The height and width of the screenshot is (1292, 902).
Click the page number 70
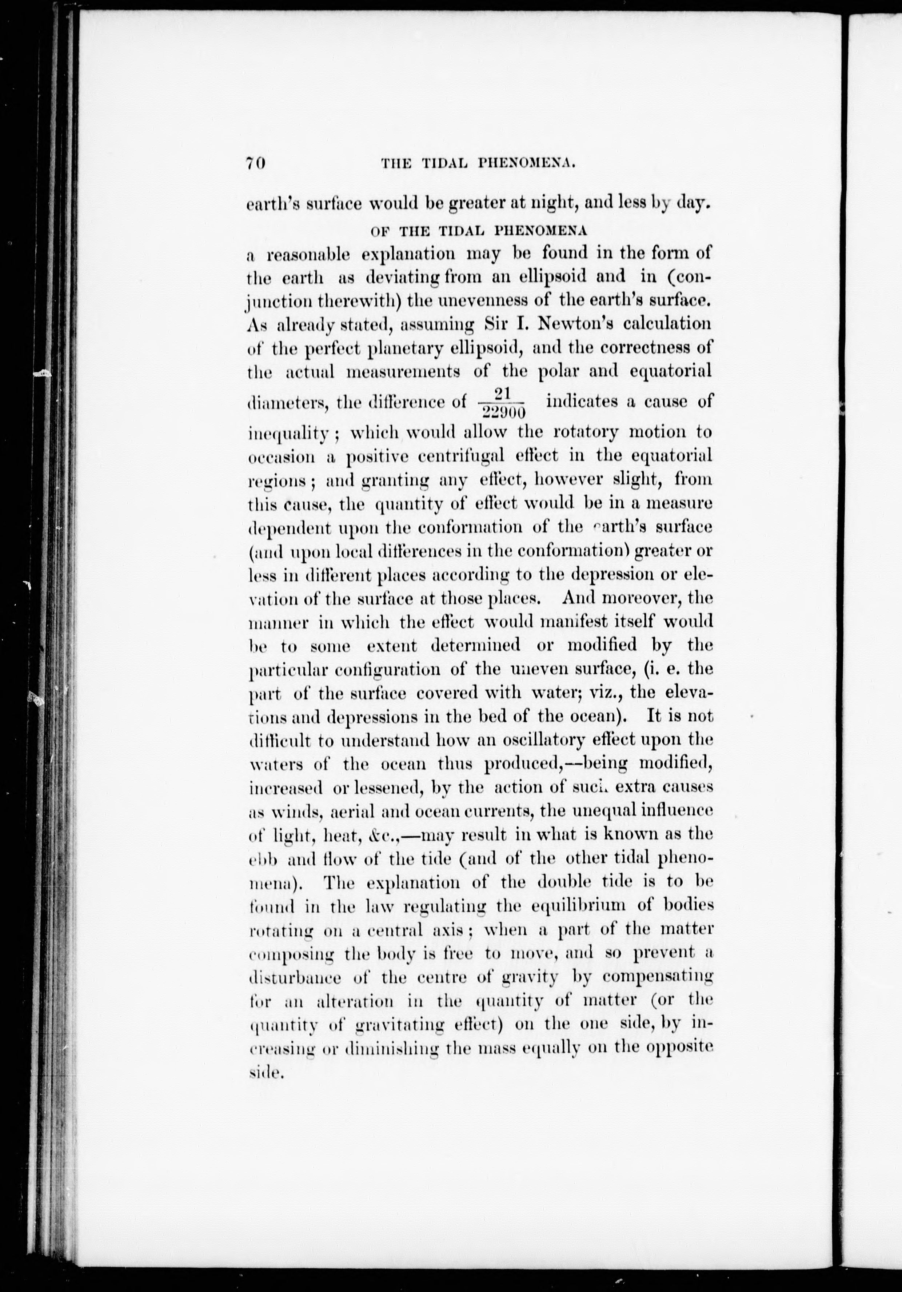[x=255, y=163]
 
